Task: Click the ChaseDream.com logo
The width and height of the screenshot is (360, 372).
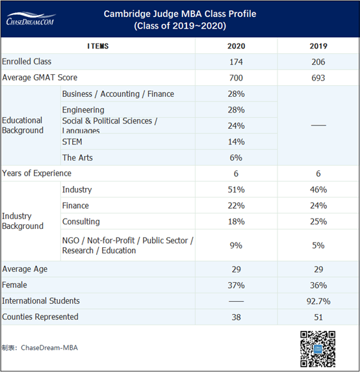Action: (31, 18)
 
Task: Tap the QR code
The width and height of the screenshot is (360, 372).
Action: (317, 349)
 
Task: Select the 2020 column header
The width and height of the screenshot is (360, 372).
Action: (236, 46)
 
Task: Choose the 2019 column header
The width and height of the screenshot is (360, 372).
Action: (318, 46)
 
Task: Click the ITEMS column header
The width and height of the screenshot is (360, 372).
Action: (98, 46)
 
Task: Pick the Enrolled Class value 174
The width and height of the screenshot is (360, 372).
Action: (236, 62)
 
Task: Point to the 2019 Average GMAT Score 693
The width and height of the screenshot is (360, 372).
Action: (318, 78)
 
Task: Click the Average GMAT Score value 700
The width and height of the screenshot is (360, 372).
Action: (236, 78)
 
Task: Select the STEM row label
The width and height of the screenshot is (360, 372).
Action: (72, 141)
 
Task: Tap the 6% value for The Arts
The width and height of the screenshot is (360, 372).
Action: (236, 157)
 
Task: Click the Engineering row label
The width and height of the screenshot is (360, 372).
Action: (83, 110)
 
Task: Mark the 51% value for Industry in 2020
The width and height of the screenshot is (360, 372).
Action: (236, 190)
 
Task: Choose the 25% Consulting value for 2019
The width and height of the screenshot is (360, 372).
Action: (318, 222)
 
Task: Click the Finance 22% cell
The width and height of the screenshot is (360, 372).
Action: (236, 206)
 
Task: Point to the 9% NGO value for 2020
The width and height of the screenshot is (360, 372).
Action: (236, 246)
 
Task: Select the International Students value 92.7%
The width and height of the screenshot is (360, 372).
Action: (318, 301)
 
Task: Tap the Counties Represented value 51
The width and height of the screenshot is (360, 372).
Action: (318, 317)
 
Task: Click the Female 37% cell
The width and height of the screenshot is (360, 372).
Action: (236, 286)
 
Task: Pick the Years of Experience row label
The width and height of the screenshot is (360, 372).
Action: (37, 174)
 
